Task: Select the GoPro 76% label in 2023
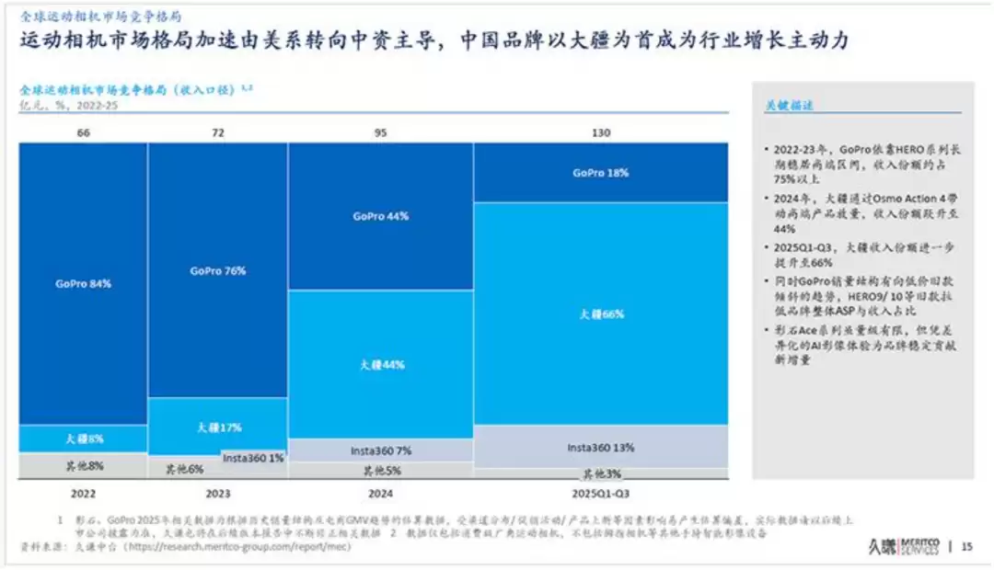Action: (218, 271)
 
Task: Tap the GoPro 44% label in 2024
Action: (380, 217)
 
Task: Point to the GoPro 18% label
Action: (601, 173)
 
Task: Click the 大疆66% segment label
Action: (601, 314)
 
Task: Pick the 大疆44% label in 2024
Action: (381, 365)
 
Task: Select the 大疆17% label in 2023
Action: (219, 427)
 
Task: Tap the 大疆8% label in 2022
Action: (84, 439)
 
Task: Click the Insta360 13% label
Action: (600, 448)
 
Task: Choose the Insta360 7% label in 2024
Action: (381, 451)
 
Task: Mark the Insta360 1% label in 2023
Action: (252, 458)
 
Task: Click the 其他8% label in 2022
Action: (84, 466)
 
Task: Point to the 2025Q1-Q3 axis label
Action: (600, 493)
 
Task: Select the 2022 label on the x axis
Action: (83, 493)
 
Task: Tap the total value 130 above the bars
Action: (600, 133)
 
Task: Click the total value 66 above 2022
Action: (83, 133)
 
